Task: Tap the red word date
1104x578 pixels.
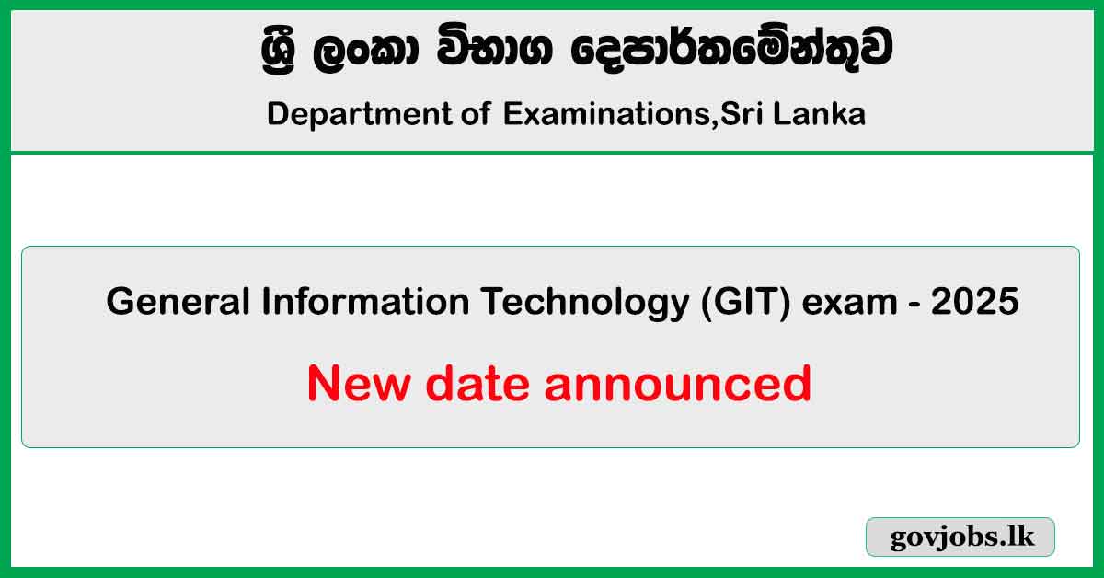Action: (x=471, y=384)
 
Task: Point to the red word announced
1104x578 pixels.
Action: (x=677, y=384)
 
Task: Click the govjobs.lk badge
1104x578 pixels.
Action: (x=960, y=538)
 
